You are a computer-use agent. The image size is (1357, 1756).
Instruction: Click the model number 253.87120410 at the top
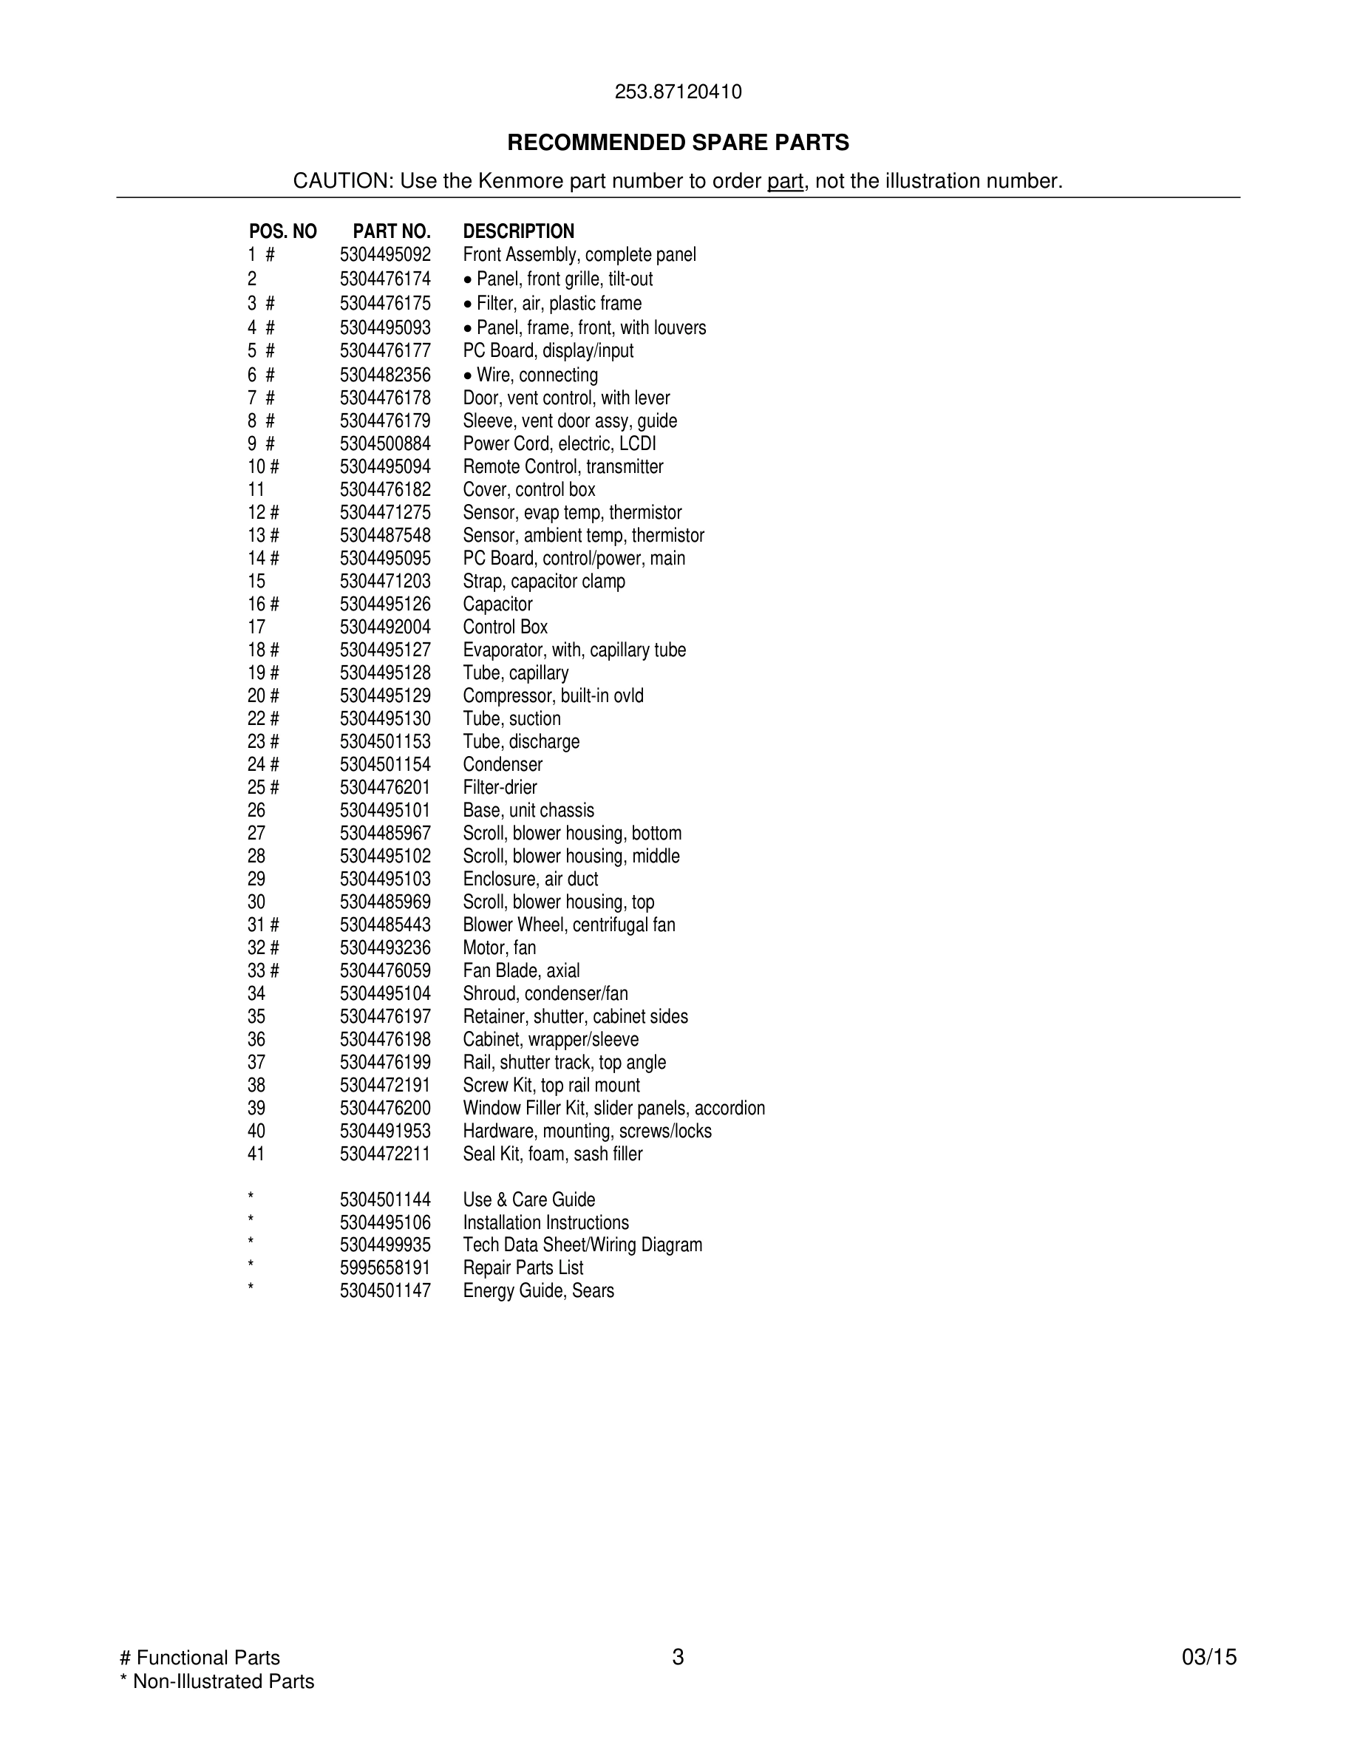pos(678,92)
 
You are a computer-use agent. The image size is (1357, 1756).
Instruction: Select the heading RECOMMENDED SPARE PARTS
pos(678,143)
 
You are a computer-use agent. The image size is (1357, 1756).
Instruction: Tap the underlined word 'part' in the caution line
pos(785,181)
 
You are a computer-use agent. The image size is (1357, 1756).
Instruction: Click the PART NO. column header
pos(392,231)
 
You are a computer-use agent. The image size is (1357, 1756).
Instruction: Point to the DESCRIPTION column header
pos(519,231)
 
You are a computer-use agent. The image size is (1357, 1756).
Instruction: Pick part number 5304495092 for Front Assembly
pos(385,255)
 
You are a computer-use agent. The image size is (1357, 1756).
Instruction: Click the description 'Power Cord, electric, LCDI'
pos(560,444)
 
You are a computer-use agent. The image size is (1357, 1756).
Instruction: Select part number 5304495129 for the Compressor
pos(385,695)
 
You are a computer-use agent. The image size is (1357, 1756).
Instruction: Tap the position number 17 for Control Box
pos(256,627)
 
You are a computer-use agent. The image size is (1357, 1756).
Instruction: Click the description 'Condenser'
pos(503,765)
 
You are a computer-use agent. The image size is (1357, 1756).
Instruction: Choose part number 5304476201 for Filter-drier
pos(385,787)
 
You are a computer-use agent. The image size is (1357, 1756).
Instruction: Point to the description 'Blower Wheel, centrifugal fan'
pos(569,925)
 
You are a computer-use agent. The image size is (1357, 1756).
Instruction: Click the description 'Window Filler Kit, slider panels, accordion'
pos(613,1108)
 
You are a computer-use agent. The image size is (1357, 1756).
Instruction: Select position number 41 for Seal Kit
pos(256,1154)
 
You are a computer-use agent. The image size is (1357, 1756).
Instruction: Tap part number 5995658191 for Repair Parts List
pos(385,1268)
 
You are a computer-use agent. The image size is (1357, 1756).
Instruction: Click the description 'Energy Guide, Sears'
pos(538,1290)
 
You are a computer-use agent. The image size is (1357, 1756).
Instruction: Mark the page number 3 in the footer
pos(678,1657)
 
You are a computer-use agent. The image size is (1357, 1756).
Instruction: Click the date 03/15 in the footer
pos(1209,1657)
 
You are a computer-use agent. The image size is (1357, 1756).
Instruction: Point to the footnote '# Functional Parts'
pos(200,1657)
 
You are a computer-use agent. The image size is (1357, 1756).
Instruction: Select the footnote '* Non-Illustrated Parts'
pos(217,1681)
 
